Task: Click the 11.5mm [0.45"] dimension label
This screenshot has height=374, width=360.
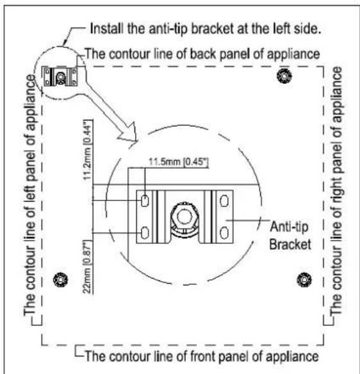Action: coord(179,162)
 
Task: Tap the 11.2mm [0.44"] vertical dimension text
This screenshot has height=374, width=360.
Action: coord(88,150)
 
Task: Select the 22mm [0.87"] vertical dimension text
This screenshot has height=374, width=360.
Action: coord(87,266)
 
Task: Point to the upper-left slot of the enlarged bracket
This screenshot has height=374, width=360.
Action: coord(145,200)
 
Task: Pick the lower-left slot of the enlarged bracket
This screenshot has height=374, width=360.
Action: coord(145,232)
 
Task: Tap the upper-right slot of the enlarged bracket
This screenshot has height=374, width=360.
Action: coord(224,200)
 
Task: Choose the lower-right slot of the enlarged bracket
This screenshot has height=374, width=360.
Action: coord(224,232)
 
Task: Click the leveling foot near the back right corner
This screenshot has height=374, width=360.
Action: coord(284,76)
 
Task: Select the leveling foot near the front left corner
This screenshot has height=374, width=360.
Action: coord(61,280)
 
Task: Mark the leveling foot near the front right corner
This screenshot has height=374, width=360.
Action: coord(304,280)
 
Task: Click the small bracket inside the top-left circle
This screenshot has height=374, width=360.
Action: coord(60,76)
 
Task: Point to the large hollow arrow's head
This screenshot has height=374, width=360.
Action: coord(129,134)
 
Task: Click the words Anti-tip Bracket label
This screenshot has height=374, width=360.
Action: coord(290,236)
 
